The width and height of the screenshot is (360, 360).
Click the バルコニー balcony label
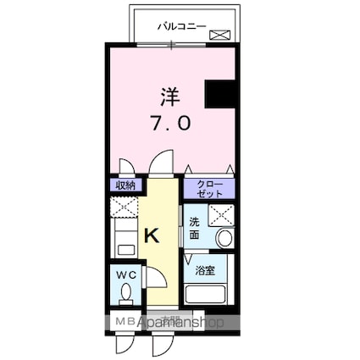click(x=175, y=26)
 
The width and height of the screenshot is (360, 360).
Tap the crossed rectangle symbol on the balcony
click(x=219, y=35)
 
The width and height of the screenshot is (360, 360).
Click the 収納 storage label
click(x=125, y=186)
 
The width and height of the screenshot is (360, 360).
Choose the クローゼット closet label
click(x=208, y=188)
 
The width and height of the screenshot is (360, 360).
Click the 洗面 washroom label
click(x=195, y=228)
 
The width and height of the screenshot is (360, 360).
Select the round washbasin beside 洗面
click(x=224, y=238)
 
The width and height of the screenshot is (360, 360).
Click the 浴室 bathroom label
click(x=204, y=271)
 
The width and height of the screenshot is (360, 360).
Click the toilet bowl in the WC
click(x=125, y=293)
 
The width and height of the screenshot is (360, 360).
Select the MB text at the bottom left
click(x=123, y=323)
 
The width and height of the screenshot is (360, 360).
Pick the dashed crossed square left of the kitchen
click(x=124, y=208)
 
